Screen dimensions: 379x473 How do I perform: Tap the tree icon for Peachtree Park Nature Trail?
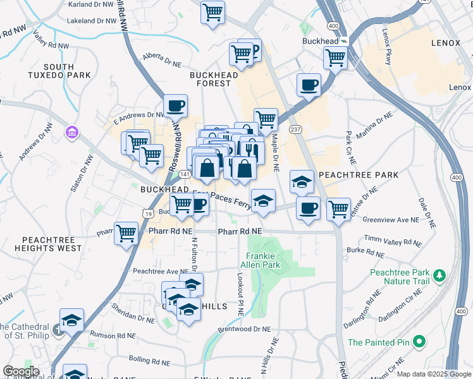(438, 276)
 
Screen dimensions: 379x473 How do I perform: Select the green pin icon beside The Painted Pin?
(418, 342)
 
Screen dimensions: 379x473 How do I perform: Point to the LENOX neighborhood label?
(450, 44)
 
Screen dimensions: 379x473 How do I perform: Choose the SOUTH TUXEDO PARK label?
(68, 71)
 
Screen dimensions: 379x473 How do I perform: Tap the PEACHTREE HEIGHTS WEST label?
(52, 244)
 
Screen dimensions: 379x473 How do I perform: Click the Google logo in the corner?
(20, 371)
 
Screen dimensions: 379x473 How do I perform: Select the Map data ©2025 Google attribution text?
(434, 374)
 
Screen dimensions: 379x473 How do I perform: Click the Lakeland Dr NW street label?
(92, 20)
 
